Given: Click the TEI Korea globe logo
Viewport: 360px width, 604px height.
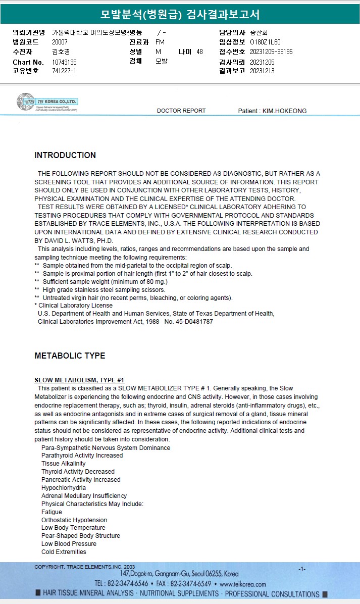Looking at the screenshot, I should [25, 102].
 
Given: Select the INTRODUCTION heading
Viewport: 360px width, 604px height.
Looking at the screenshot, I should [65, 156].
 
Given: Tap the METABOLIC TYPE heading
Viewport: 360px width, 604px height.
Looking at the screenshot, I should [70, 356].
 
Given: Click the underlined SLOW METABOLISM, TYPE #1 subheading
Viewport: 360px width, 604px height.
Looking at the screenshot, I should [79, 380].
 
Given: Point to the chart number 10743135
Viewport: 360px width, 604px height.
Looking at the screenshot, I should [64, 62].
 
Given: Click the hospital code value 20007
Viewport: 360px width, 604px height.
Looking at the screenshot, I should [60, 42].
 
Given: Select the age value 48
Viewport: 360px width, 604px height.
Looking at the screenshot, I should [199, 52].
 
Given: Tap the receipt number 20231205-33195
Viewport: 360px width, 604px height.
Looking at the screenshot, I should [271, 52].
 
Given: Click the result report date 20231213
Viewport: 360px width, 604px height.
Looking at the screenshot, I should [262, 71].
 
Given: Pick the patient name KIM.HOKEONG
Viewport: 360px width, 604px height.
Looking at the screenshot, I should [284, 111].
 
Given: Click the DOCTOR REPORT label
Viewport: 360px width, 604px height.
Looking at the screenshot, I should [181, 111].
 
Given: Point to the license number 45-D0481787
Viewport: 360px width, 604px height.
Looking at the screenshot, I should [193, 322].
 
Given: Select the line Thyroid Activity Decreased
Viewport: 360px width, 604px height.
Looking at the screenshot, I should [78, 472].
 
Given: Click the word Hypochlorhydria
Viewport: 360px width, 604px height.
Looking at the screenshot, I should [64, 488].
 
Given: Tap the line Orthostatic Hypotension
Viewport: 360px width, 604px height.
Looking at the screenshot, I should [74, 520].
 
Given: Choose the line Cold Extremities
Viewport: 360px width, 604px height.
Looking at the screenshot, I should [64, 552].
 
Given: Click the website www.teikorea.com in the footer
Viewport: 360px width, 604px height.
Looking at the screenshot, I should [243, 584].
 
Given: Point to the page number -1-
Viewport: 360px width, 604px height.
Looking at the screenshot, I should [302, 569].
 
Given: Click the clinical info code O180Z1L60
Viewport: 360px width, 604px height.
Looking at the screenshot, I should [265, 42].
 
